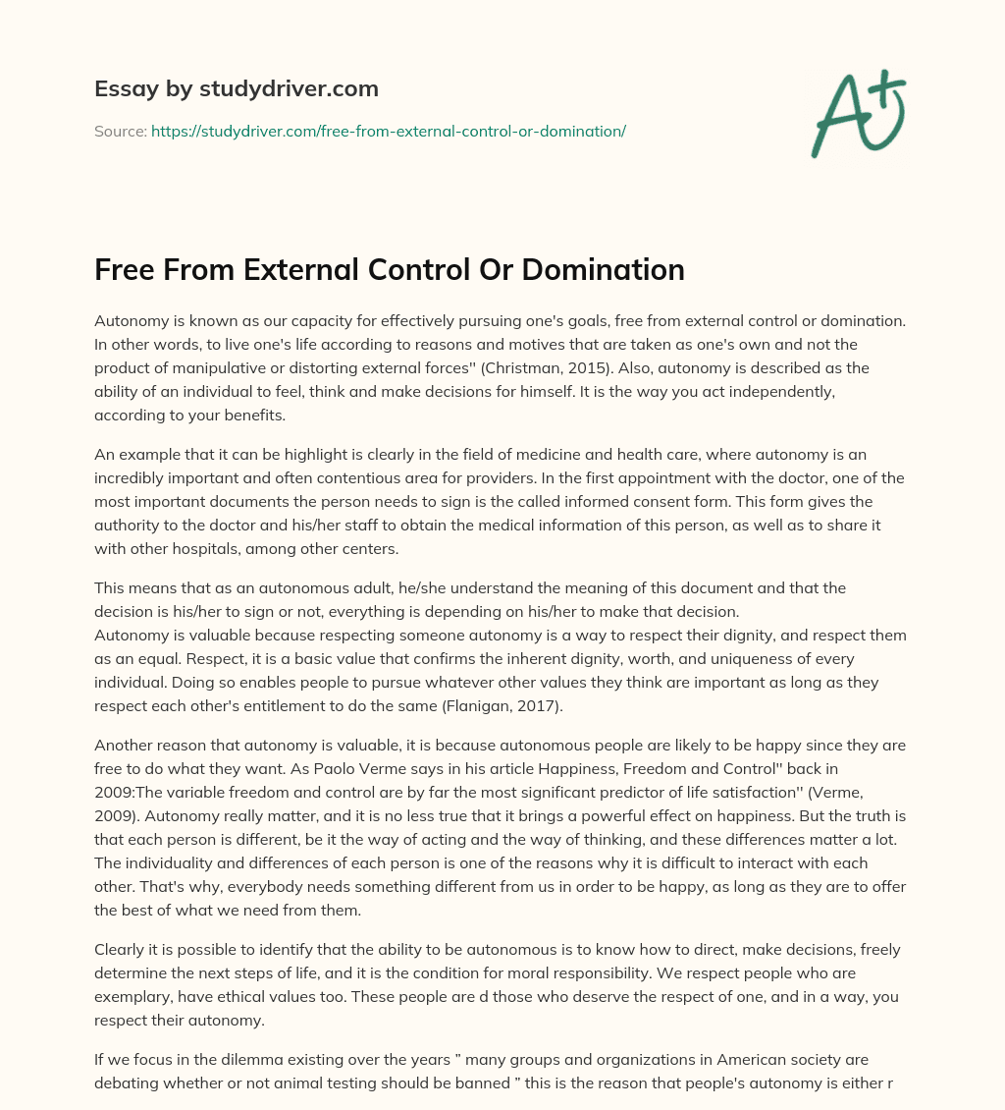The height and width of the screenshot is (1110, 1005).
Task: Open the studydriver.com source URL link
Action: click(388, 131)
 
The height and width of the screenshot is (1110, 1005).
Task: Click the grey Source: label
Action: click(121, 131)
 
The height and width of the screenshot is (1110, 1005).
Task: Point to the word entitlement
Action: click(286, 703)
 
